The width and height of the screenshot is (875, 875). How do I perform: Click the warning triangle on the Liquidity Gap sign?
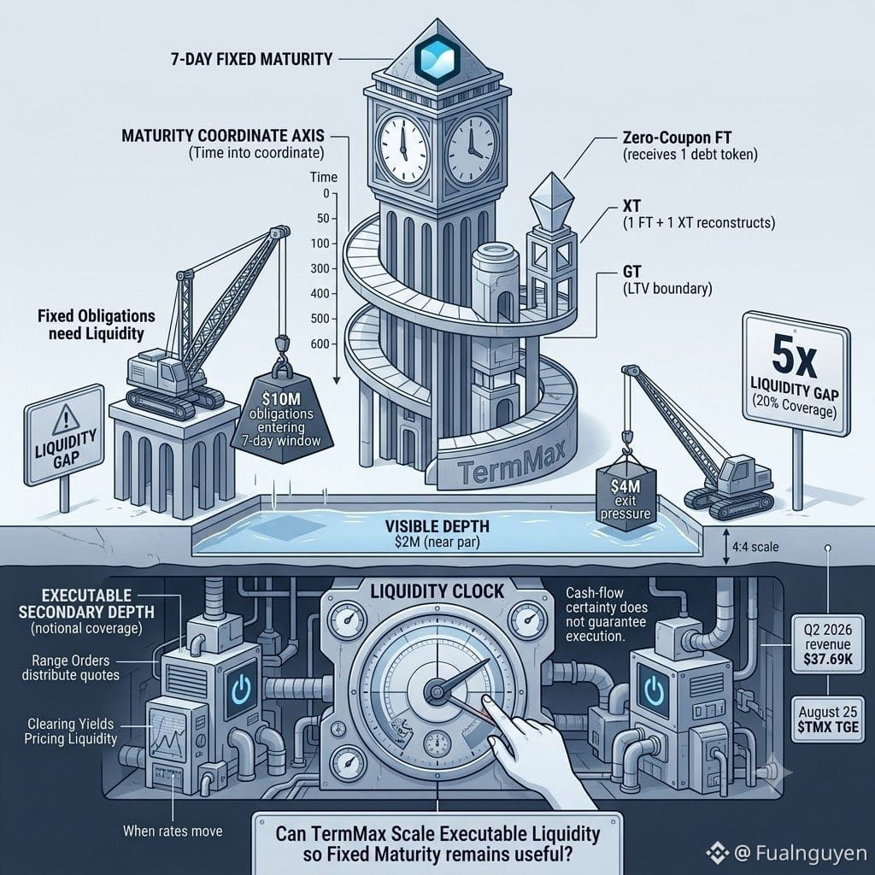pos(65,419)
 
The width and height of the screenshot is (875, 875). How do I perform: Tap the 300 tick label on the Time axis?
pos(320,268)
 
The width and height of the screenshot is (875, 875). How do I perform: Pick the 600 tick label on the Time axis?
pos(320,344)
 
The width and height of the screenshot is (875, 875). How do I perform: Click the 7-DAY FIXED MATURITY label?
pos(251,59)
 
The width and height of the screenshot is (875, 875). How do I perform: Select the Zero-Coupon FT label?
pos(677,138)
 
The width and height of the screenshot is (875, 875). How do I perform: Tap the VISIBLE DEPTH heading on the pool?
pos(437,526)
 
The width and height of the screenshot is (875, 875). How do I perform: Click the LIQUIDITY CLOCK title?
pos(437,591)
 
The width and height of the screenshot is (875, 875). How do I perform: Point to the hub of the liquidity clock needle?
pos(436,692)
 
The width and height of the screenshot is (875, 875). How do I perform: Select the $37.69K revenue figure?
pos(828,659)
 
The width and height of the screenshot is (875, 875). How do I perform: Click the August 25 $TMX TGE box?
pos(827,719)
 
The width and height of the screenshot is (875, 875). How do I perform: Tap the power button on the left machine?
pos(240,690)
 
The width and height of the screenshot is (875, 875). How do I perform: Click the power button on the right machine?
pos(654,690)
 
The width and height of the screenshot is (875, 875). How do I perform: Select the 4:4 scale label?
pos(755,546)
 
